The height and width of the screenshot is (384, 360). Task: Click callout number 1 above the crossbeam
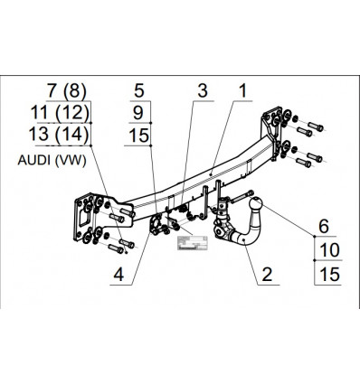point(242,90)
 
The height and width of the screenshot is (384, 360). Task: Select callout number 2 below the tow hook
point(267,275)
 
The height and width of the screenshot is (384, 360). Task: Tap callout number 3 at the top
point(203,90)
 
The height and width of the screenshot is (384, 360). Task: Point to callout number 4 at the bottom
point(118,275)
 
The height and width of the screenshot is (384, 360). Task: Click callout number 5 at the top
point(139,90)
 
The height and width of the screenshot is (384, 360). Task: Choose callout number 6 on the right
point(324,227)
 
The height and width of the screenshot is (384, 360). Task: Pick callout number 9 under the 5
point(138,113)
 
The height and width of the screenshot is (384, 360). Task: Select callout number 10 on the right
point(329,250)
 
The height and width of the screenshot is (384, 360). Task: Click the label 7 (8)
point(67,90)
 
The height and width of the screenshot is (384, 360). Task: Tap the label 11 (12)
point(60,113)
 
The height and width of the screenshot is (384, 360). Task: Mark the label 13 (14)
point(59,135)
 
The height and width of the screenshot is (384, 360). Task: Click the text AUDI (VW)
point(52,160)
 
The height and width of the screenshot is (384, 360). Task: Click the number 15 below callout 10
point(329,275)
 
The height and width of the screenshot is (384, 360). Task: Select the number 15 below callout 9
point(139,136)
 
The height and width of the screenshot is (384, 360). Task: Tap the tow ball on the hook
point(256,204)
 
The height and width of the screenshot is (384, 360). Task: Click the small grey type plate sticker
point(192,243)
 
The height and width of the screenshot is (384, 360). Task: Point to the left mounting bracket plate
point(90,218)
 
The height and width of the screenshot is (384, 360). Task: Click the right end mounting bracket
point(272,133)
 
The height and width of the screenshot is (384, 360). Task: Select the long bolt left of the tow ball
point(242,197)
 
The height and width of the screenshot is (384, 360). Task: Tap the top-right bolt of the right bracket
point(316,126)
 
